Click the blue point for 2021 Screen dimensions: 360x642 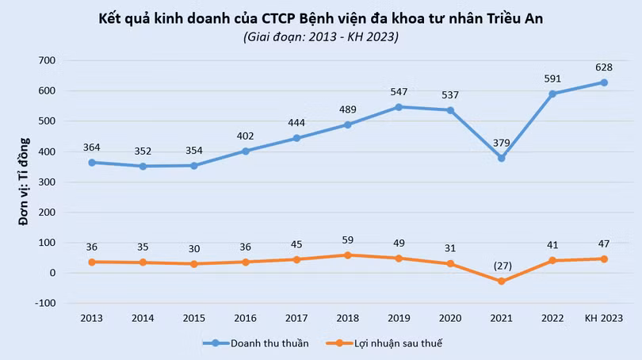coord(501,158)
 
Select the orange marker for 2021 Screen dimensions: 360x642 coord(501,281)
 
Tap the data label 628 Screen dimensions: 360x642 coord(604,66)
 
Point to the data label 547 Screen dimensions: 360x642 coord(399,91)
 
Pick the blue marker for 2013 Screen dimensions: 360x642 coord(92,163)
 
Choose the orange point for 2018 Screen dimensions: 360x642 coord(347,255)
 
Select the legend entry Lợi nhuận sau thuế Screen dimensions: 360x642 coord(398,343)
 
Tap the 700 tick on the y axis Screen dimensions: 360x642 coord(47,61)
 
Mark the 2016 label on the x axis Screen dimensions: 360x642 coord(245,318)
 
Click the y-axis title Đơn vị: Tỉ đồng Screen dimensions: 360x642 coord(24,182)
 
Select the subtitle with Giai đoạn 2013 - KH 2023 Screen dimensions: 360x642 coord(320,36)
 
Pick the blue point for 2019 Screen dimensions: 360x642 coord(399,107)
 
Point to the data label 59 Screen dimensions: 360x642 coord(347,240)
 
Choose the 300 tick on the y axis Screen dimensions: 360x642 coord(47,182)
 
